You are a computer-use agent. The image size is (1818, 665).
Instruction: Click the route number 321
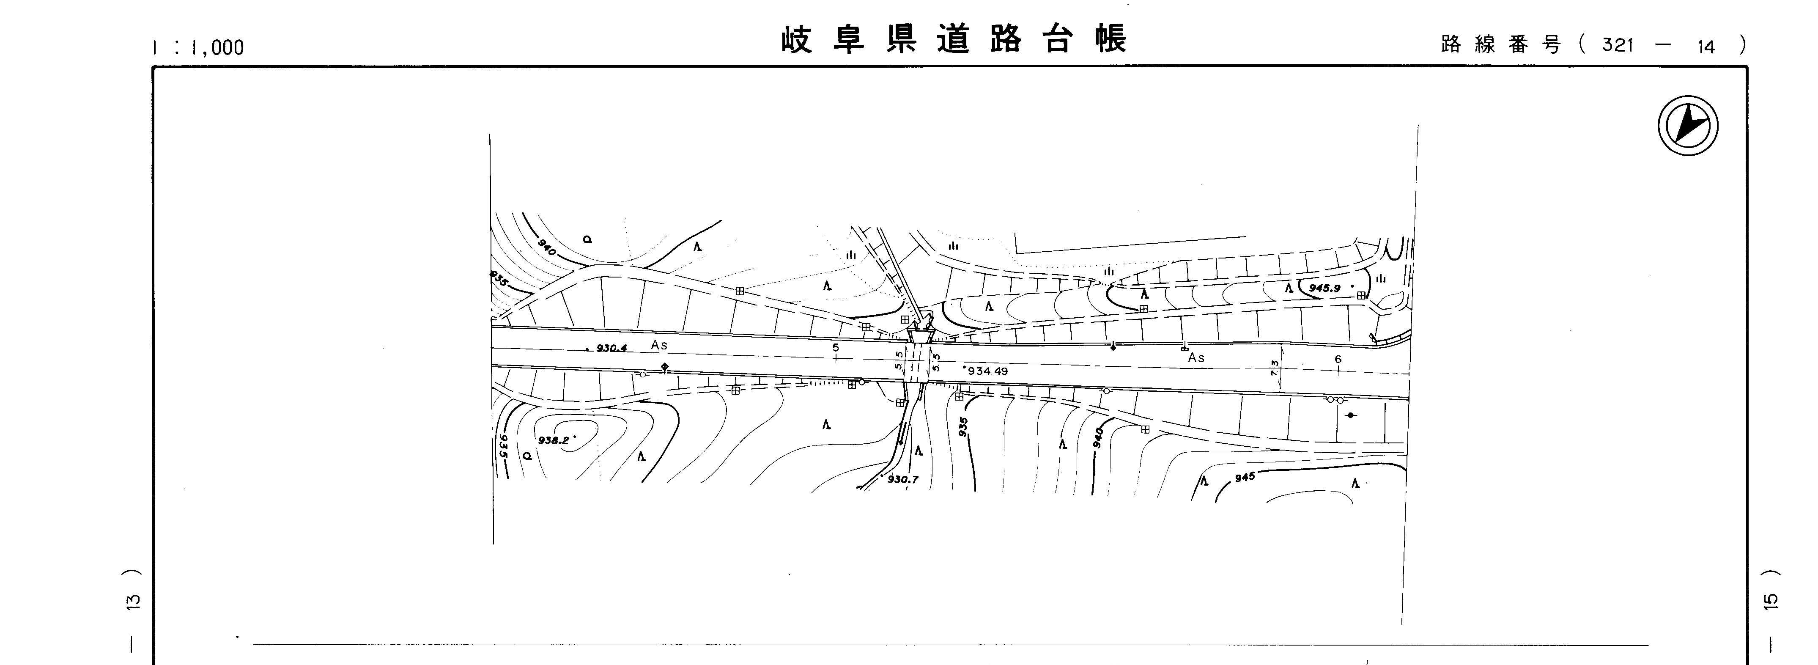[1618, 45]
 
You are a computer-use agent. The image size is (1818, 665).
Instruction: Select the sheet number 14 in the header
[1706, 47]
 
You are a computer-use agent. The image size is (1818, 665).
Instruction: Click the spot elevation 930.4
[611, 348]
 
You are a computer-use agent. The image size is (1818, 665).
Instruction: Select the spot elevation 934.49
[987, 371]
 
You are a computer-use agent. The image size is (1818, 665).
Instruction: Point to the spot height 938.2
[553, 440]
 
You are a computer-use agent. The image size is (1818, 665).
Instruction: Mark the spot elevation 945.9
[1324, 288]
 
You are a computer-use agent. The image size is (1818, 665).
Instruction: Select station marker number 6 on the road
[1338, 359]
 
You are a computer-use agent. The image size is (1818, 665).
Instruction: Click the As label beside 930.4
[659, 345]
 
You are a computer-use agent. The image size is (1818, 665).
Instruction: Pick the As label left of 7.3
[1196, 358]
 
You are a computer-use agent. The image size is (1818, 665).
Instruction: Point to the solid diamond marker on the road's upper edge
[1113, 347]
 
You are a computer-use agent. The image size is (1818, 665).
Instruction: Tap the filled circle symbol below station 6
[1350, 415]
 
